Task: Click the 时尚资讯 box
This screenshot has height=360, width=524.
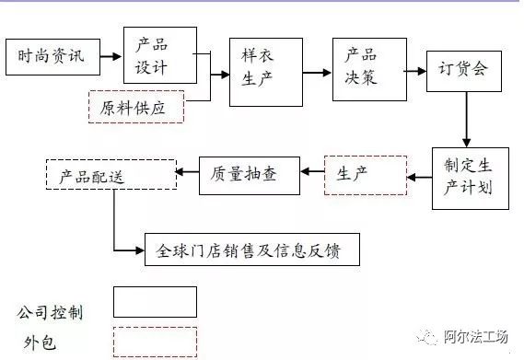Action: [x=52, y=56]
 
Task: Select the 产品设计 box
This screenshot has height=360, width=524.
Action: [x=159, y=55]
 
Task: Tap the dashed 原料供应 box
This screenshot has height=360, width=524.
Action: [x=135, y=106]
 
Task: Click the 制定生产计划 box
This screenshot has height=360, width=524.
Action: [x=470, y=177]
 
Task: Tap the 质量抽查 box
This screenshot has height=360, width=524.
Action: [x=249, y=174]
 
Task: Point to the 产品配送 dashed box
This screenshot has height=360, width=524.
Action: [x=111, y=175]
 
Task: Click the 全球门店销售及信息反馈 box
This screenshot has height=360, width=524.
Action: [x=251, y=250]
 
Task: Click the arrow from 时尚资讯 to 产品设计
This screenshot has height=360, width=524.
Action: [x=111, y=57]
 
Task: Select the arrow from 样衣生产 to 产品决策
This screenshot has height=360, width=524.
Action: [x=318, y=70]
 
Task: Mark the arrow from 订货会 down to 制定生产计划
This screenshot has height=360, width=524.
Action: [x=468, y=118]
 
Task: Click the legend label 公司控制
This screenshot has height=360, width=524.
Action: [x=51, y=312]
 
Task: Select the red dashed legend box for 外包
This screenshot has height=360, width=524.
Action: [x=154, y=341]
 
